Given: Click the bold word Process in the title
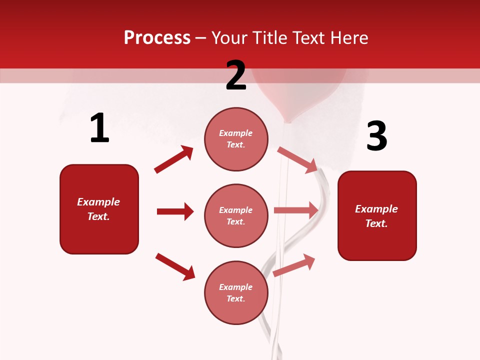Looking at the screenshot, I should [157, 38].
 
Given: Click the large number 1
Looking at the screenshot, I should [99, 128].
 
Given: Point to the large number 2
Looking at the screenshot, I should [236, 75].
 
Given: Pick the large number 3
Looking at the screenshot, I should [376, 136].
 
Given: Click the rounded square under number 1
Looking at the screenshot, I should [99, 209].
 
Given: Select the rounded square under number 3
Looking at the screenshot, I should [377, 215].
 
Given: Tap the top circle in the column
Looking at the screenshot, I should [236, 139].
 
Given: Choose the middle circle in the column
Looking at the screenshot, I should [236, 215].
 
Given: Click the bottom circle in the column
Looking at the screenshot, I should [236, 292].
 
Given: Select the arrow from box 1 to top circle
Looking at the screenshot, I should [173, 159].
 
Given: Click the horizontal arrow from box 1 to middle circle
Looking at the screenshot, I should [175, 211].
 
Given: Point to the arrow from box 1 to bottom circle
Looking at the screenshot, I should [175, 266].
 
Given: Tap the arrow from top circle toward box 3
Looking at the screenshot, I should [297, 159].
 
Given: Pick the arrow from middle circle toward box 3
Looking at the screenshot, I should [296, 210].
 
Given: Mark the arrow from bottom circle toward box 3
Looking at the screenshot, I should [294, 265].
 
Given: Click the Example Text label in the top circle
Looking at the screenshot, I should [236, 139].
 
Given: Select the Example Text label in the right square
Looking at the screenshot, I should [376, 216].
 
